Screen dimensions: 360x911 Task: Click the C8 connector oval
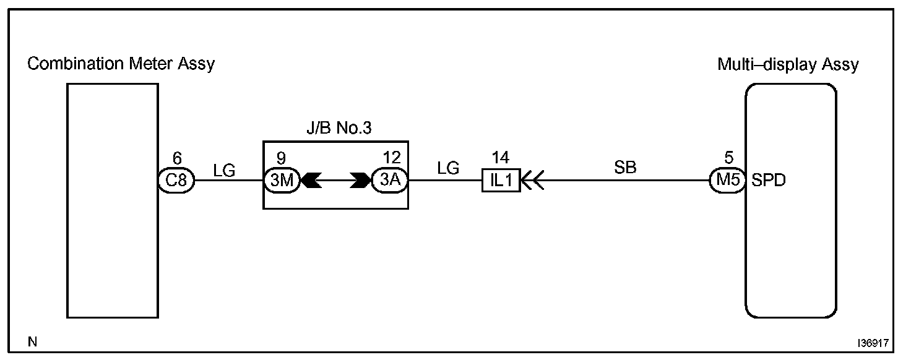click(177, 181)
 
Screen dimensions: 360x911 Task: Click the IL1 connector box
click(501, 181)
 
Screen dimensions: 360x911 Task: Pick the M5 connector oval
click(727, 181)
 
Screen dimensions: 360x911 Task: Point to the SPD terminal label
click(769, 181)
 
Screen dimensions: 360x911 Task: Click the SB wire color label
click(625, 167)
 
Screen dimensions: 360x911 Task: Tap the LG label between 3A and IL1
click(447, 168)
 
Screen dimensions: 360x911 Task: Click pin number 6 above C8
click(177, 160)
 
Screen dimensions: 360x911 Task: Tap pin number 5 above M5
click(727, 160)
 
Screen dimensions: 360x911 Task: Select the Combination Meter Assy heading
click(121, 64)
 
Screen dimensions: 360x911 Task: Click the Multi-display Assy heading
click(788, 64)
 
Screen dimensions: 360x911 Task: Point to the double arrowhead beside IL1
click(533, 181)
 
